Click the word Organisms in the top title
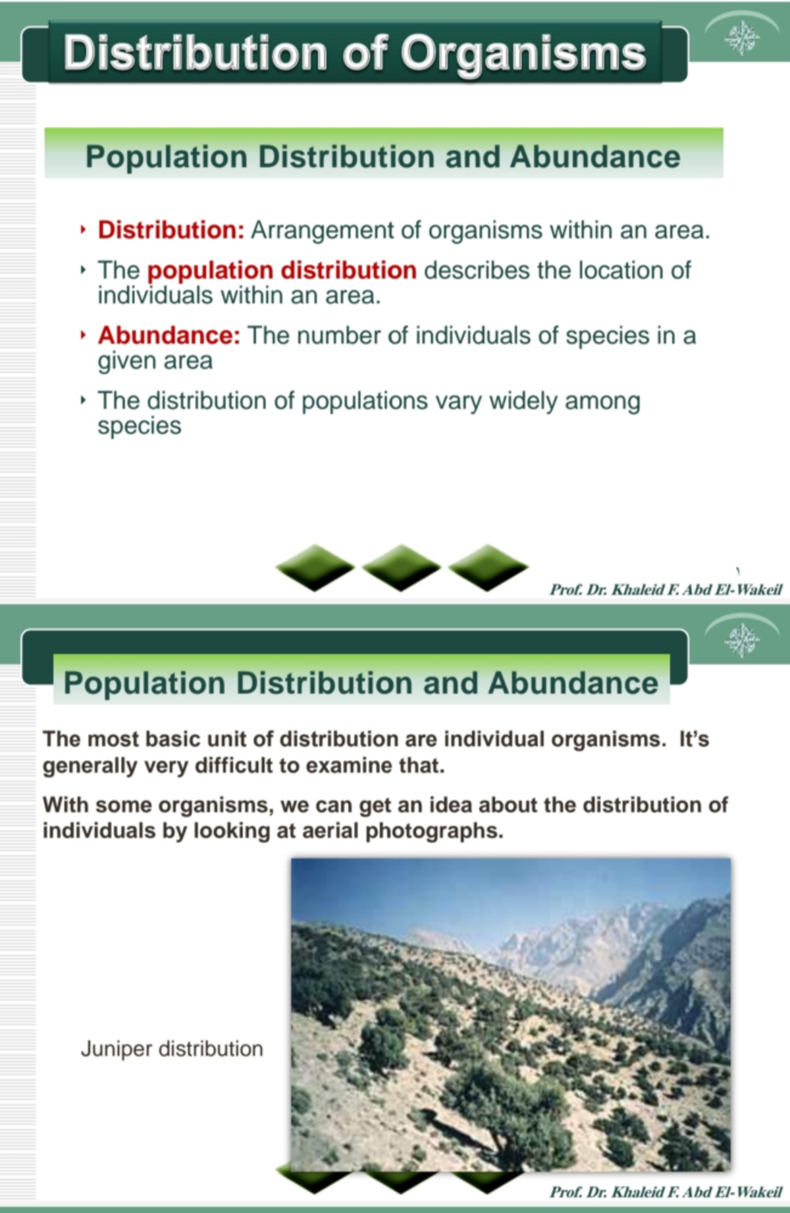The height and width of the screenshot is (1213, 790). point(523,53)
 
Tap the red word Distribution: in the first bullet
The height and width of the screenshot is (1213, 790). point(171,230)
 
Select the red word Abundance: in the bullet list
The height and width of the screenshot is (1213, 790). point(169,336)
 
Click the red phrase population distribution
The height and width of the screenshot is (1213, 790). point(282,271)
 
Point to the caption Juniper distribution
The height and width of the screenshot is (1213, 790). point(172,1048)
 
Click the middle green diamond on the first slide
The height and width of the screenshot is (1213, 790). point(401,567)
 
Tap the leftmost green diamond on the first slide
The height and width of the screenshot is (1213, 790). point(315,567)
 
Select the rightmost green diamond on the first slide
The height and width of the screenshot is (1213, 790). point(488,567)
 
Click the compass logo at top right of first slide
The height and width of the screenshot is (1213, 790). point(742,38)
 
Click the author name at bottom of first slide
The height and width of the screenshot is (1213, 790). point(666,589)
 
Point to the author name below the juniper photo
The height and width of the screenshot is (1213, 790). point(666,1192)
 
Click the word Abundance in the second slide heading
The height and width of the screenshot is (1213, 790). point(573,683)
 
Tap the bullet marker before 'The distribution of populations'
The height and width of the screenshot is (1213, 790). point(83,400)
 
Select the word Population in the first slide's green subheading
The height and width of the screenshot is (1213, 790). point(167,157)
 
